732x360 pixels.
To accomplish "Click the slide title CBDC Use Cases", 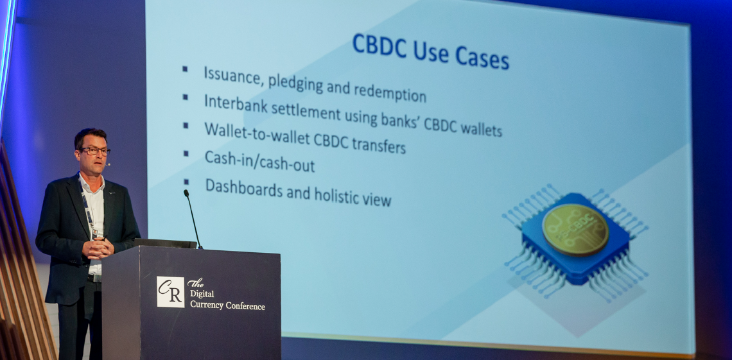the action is pos(430,51).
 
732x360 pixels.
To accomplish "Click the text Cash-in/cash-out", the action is pos(259,161).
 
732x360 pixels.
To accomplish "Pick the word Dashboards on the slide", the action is pos(243,187).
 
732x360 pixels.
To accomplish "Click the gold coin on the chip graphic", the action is pos(575,230).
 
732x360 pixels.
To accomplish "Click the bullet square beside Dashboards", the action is pos(186,182).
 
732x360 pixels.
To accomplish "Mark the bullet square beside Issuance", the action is pos(185,69).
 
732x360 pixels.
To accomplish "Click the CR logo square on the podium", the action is pos(170,292).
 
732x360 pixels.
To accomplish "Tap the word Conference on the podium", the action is pos(245,306).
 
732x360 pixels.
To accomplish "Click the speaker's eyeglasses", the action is pos(95,151).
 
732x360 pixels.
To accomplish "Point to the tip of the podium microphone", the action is pos(186,192).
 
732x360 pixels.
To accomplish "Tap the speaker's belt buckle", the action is pos(96,279).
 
